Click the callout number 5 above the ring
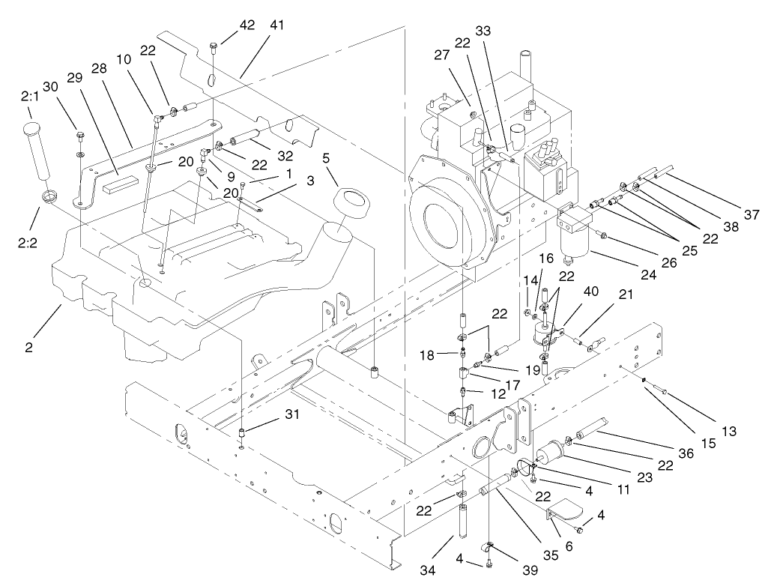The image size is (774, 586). [326, 159]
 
